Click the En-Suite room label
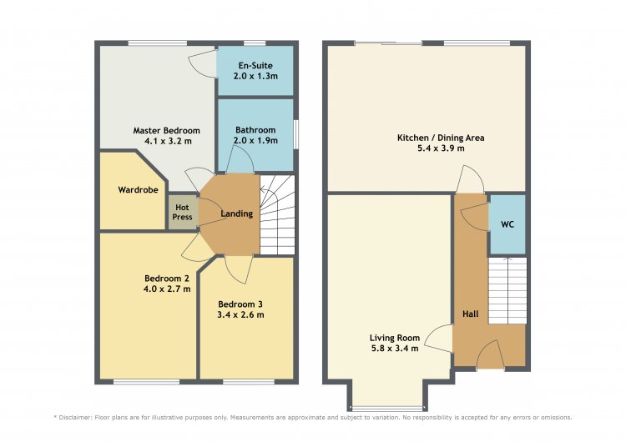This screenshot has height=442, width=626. click(255, 65)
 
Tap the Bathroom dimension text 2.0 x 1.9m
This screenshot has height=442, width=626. click(255, 140)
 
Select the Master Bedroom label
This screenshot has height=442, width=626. click(166, 130)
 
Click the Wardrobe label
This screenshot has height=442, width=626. click(138, 190)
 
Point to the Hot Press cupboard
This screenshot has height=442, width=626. click(182, 212)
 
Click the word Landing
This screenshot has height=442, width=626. click(237, 213)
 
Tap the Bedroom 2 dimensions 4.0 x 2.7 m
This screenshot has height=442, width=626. click(167, 289)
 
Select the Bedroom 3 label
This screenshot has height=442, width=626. click(240, 304)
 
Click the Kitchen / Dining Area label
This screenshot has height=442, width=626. click(441, 138)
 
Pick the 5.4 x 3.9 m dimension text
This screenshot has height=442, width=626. click(441, 148)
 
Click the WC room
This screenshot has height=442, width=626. click(507, 224)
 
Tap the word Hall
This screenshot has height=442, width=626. click(470, 314)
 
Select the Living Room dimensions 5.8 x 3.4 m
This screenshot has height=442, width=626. click(395, 349)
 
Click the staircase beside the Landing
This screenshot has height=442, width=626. click(277, 215)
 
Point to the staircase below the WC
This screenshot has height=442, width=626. click(507, 290)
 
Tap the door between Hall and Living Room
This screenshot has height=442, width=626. click(439, 339)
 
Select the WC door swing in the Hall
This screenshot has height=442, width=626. click(476, 217)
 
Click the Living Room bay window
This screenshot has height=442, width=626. click(386, 409)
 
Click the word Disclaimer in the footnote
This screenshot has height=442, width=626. click(74, 418)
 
